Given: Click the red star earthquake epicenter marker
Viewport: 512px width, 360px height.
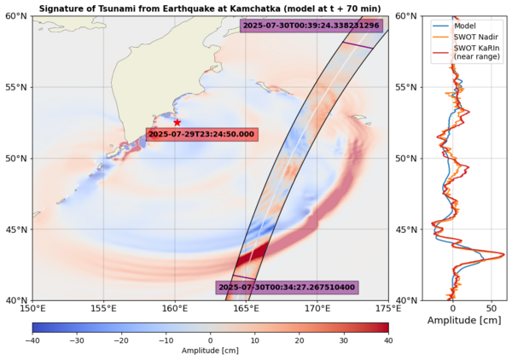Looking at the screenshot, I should click(x=177, y=122).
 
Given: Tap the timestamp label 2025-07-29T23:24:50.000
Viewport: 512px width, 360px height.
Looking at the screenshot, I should click(x=201, y=135).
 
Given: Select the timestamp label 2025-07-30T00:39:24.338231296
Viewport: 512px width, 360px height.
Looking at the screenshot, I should click(x=311, y=26).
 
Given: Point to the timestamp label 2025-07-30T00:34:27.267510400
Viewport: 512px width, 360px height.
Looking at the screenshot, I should click(x=286, y=288).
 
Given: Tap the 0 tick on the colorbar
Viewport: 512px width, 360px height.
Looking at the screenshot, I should click(x=211, y=340).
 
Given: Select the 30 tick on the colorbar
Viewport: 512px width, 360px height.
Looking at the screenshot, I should click(x=344, y=340).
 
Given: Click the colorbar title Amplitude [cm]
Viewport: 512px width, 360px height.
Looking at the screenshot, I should click(x=211, y=351).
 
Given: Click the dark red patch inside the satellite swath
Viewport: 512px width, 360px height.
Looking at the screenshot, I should click(x=253, y=256).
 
